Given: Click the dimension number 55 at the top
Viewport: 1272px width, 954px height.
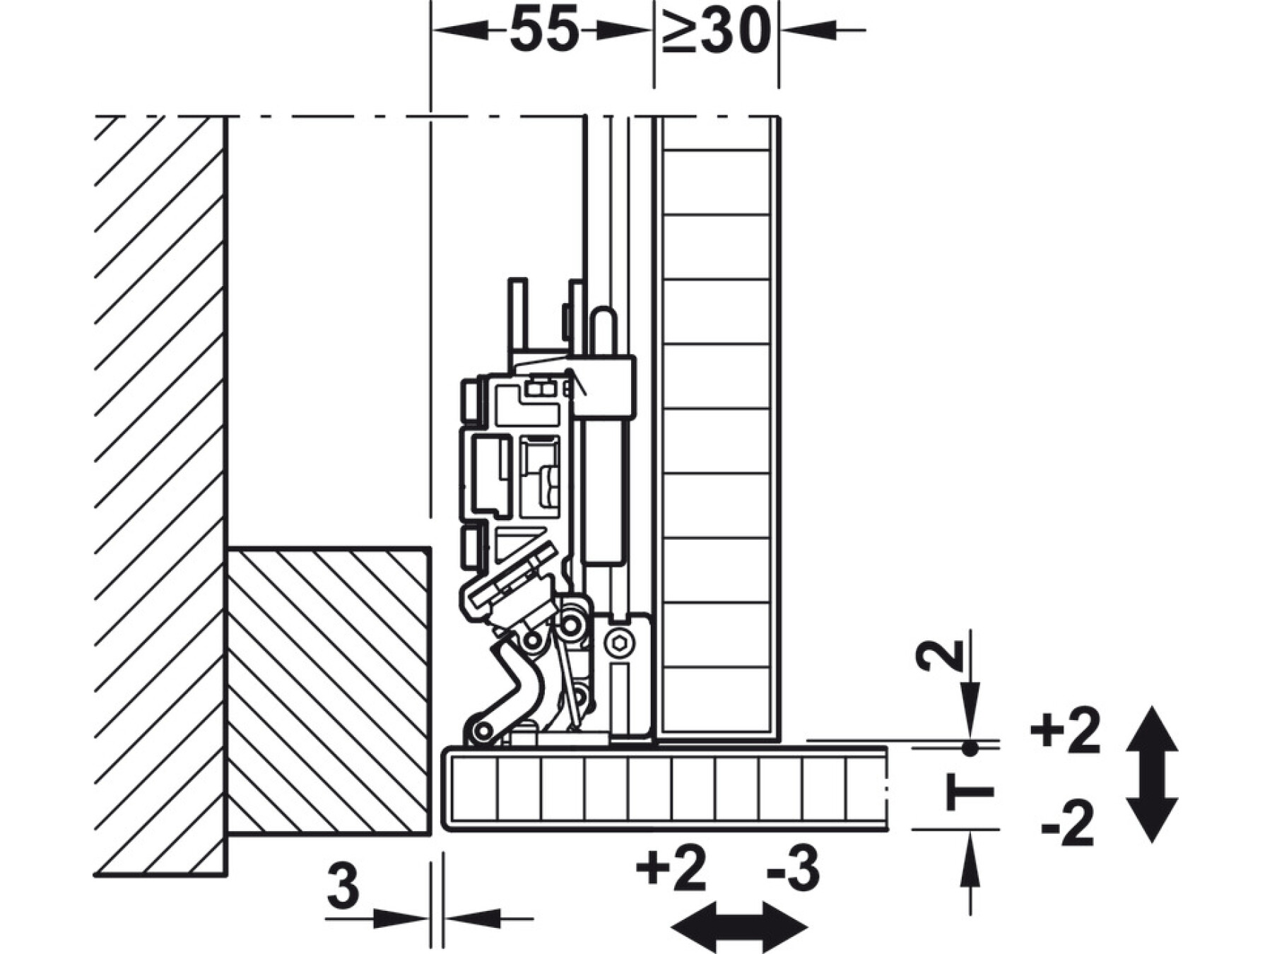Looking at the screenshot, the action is [543, 31].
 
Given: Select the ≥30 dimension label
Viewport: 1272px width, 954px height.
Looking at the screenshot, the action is [716, 31].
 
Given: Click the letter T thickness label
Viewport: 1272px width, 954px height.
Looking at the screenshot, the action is [970, 792].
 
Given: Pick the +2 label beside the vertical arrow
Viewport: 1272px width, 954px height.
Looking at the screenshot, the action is [1065, 733].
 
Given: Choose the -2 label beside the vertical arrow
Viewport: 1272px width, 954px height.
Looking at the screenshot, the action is [1068, 823].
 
